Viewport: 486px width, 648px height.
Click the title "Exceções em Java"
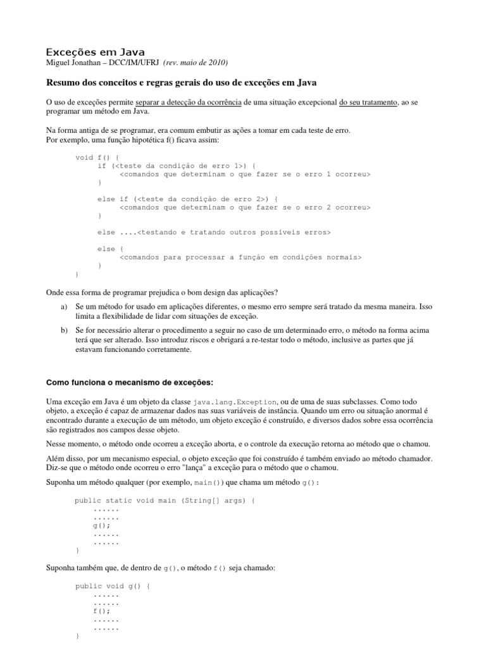[96, 51]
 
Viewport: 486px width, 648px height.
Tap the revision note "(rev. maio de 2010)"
[196, 63]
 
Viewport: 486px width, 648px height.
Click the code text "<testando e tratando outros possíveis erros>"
[234, 232]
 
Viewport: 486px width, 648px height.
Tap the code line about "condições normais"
[240, 257]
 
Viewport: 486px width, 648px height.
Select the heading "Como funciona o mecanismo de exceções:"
[121, 383]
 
